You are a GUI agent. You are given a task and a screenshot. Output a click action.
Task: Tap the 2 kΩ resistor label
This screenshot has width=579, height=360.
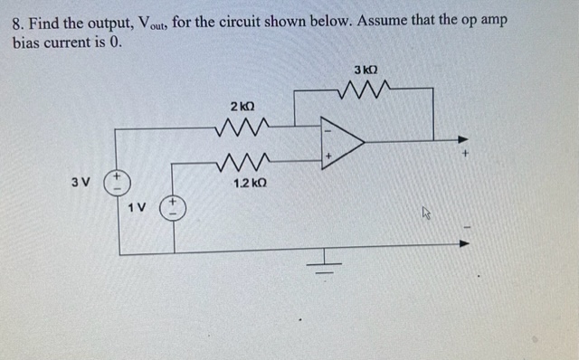(242, 107)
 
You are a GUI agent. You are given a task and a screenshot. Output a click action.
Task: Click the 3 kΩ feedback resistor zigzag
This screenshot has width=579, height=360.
(365, 90)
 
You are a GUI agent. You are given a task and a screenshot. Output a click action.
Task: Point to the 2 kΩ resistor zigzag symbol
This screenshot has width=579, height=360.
(242, 128)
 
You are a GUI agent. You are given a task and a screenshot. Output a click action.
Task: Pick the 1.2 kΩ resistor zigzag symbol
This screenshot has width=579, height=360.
(242, 164)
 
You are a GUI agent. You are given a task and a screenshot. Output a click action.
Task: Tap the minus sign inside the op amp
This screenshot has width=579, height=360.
(328, 128)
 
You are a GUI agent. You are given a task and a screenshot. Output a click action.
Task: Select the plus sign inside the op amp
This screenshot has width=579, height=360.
(329, 156)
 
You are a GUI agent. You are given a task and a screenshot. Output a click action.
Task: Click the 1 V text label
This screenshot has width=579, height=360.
(136, 207)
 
